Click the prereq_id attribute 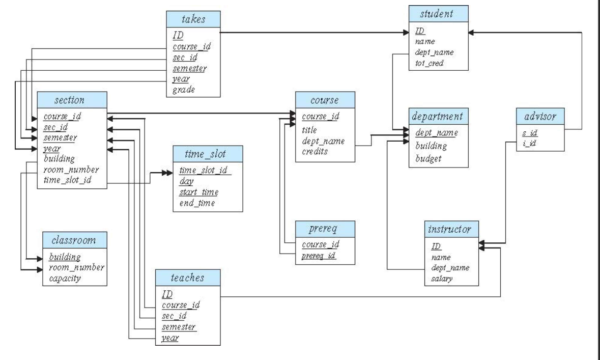point(317,254)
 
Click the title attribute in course point(309,130)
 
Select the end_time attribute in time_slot point(197,203)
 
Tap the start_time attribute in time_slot point(198,191)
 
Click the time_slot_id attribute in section point(63,180)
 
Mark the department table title point(439,116)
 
